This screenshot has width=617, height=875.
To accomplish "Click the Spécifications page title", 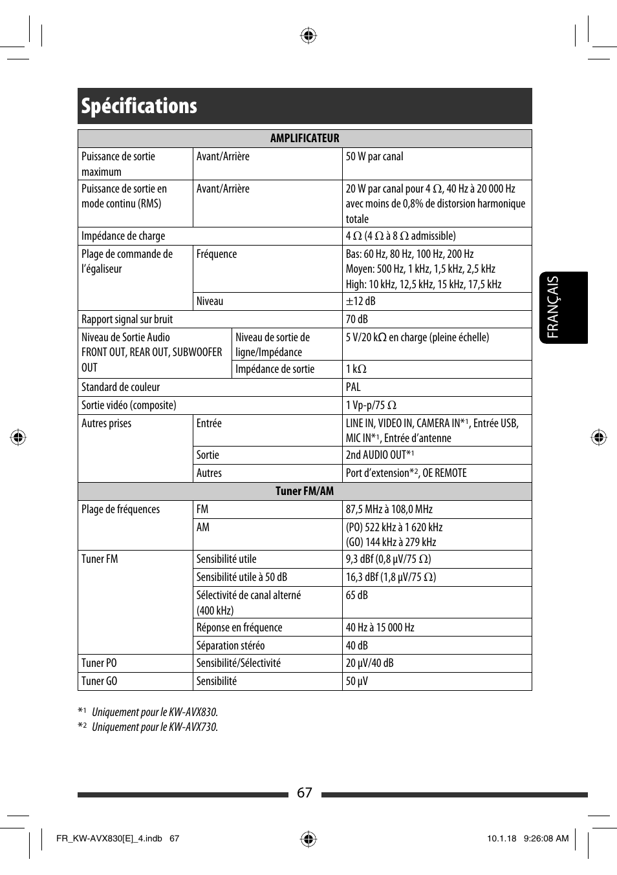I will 139,106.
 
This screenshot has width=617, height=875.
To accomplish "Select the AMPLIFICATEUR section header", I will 305,138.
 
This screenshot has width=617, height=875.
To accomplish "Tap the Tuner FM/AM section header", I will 305,491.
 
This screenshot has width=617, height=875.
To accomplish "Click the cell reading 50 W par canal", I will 374,156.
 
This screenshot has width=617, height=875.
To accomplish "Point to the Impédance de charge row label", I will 124,236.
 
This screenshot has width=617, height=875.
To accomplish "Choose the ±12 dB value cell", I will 360,301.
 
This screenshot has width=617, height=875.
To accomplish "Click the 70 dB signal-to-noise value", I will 356,319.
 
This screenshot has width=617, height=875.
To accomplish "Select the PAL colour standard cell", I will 353,387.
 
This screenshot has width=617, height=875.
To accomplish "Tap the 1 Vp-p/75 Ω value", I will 371,405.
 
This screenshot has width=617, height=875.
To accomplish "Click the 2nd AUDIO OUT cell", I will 380,455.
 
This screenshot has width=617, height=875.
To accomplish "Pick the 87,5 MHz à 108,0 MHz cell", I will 389,509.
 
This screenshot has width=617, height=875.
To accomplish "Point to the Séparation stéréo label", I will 230,646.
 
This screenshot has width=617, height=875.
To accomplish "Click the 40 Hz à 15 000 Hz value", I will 380,627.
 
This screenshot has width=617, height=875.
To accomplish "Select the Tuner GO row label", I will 100,681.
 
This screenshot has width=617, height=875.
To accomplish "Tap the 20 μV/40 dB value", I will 369,663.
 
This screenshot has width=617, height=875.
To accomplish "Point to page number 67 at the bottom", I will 305,793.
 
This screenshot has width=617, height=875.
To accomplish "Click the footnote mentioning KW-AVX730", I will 155,727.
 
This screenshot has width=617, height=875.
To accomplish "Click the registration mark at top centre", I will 308,36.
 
